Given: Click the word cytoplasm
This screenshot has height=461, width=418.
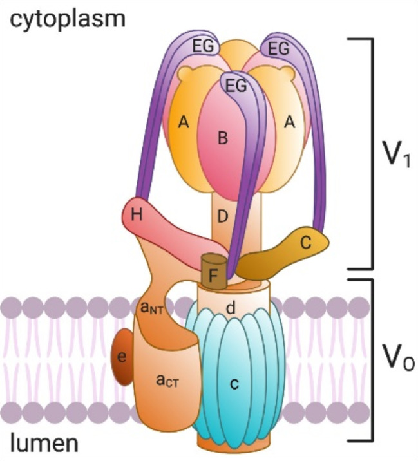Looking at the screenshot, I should [x=68, y=19].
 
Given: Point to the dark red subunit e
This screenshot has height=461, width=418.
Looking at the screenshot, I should [x=120, y=356].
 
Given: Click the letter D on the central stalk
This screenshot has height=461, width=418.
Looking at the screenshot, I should [x=222, y=216].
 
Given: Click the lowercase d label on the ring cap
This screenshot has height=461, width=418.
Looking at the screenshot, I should [x=229, y=308].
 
